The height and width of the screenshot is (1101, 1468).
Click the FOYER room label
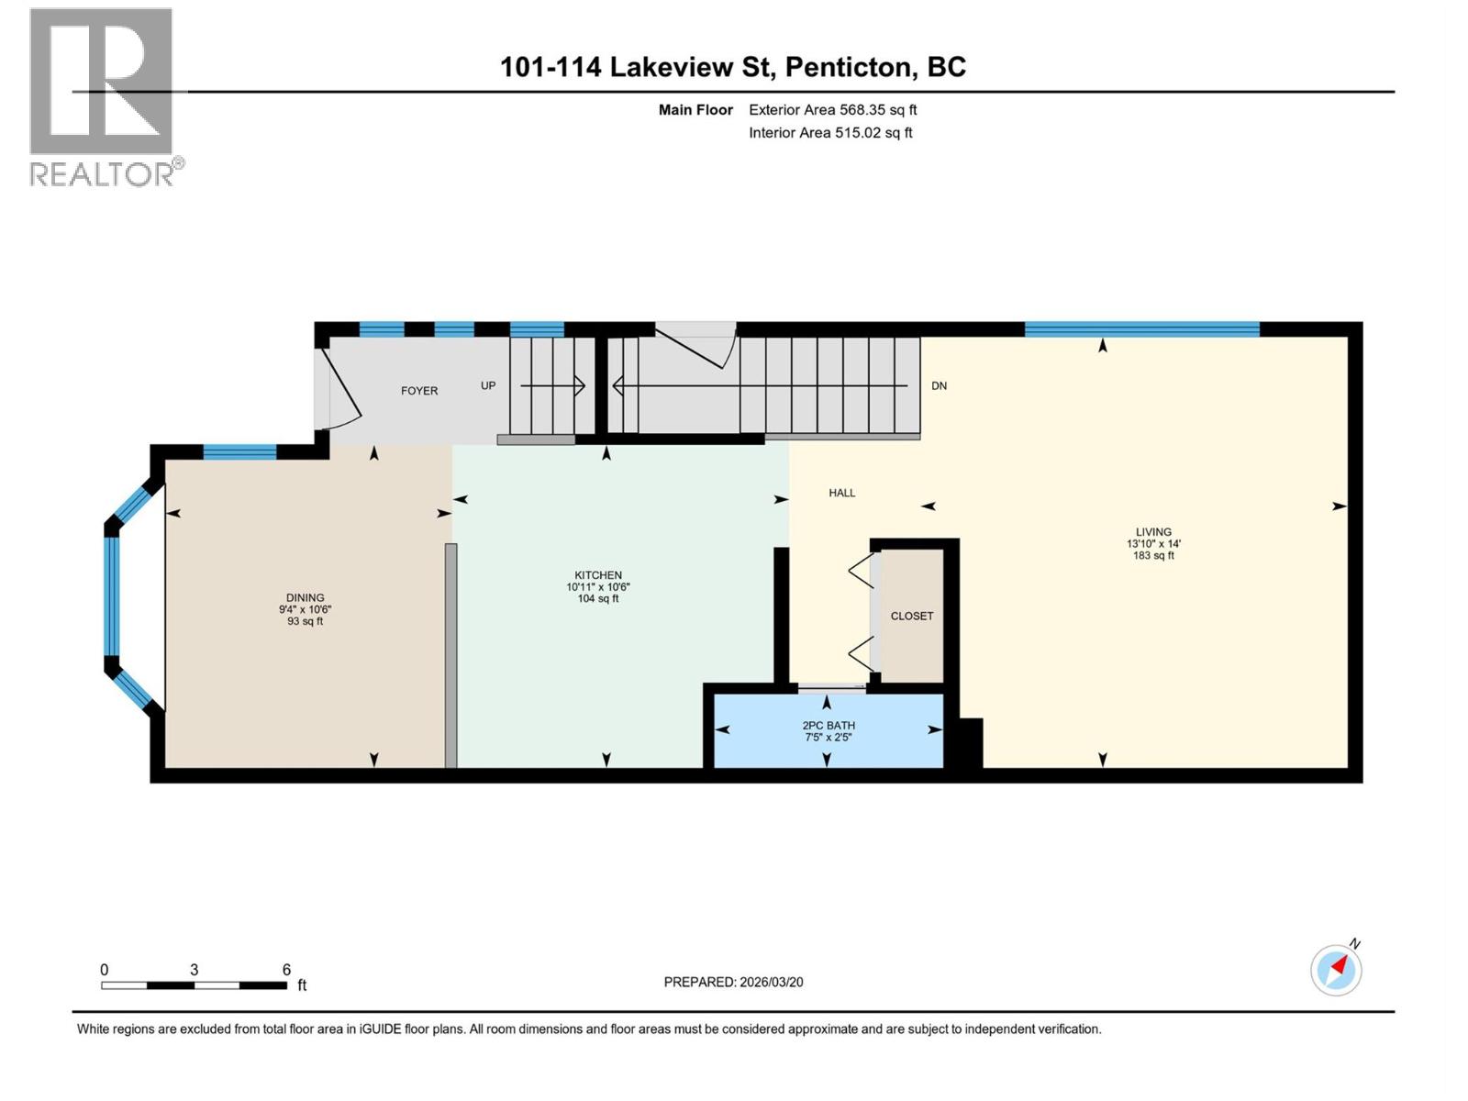coord(419,391)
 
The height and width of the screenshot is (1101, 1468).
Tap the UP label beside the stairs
coord(488,385)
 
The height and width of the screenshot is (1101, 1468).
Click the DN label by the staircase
coord(939,386)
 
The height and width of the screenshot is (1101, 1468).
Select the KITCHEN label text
coord(598,575)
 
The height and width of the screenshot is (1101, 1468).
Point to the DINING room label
coord(305,597)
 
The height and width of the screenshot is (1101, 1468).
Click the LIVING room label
coord(1153,532)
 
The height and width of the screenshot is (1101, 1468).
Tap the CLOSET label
coord(912,616)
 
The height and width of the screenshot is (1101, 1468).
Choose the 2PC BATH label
coord(829,725)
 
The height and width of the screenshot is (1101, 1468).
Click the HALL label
coord(841,493)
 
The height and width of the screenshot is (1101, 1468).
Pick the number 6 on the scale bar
coord(286,970)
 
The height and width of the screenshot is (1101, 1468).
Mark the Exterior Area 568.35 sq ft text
coord(832,110)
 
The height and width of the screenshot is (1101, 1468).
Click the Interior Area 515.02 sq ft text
coord(830,133)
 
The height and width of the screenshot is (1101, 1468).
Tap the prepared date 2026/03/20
coord(772,982)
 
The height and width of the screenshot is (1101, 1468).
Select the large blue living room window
coord(1141,329)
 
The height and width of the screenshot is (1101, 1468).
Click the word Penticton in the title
coord(849,67)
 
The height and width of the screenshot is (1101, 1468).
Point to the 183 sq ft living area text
coord(1153,555)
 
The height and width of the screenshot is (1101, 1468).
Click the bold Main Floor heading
coord(695,110)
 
